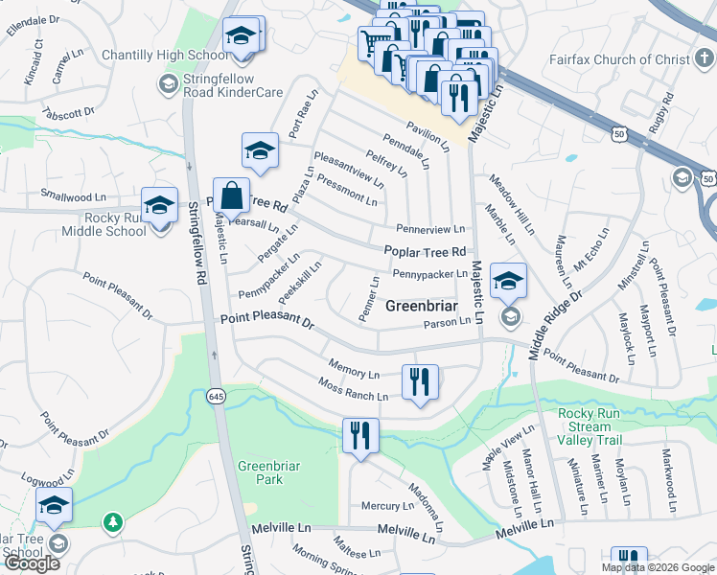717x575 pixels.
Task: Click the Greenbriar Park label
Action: tap(261, 472)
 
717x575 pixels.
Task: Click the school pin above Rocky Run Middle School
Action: tap(159, 204)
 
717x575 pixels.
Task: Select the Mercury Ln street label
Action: tap(386, 505)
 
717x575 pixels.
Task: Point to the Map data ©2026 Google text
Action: tap(658, 567)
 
